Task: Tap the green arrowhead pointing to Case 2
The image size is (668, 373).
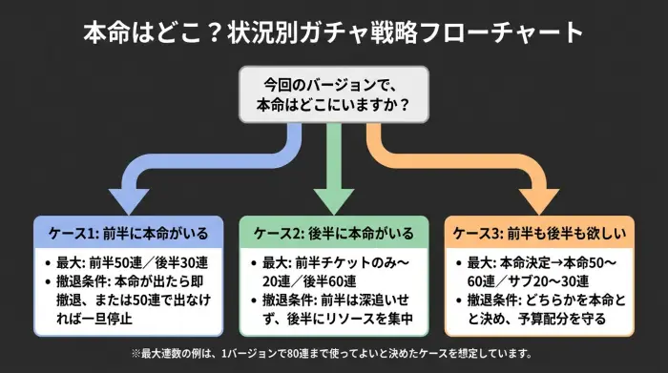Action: [x=333, y=197]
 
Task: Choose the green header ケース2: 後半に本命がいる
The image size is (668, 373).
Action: [x=333, y=234]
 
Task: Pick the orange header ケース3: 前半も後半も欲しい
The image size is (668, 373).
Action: [x=541, y=234]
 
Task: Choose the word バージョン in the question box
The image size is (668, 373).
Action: [x=339, y=82]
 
